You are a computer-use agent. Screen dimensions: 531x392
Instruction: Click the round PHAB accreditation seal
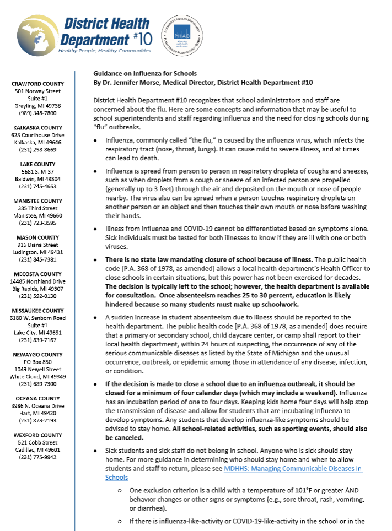point(181,34)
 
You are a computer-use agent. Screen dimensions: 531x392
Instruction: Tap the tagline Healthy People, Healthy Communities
point(104,51)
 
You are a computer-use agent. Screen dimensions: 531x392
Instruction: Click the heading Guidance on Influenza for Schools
point(145,74)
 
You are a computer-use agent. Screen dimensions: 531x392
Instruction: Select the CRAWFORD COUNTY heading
point(38,84)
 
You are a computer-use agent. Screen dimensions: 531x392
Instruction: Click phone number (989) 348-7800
point(38,112)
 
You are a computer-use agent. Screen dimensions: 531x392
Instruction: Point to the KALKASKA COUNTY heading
point(38,127)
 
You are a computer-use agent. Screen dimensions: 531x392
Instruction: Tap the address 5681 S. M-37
point(38,171)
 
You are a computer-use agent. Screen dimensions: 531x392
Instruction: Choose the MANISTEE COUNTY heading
point(38,201)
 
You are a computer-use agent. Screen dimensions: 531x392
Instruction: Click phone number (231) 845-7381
point(38,259)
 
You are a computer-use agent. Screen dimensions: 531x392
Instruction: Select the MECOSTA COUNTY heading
point(38,274)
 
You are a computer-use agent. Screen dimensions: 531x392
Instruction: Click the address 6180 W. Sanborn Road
point(38,318)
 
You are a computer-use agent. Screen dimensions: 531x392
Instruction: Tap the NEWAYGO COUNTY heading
point(38,355)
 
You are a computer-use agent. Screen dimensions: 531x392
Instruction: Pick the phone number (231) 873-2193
point(38,420)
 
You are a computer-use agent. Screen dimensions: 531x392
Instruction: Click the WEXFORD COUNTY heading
point(38,435)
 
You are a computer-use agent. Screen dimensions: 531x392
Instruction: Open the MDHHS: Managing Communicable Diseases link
point(293,468)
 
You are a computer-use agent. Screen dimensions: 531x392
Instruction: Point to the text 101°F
point(284,490)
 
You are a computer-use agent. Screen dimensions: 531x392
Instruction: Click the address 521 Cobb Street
point(38,442)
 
